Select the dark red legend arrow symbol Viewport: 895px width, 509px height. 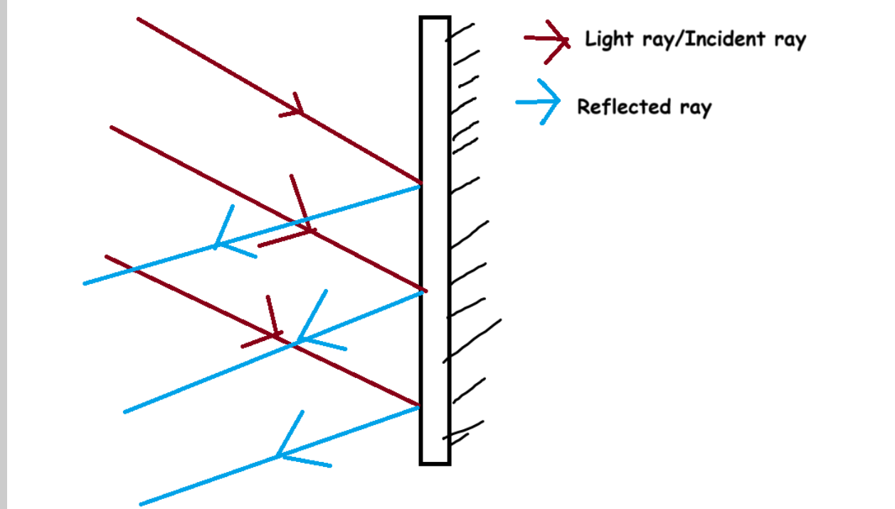point(548,40)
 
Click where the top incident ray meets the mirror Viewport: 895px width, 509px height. point(420,184)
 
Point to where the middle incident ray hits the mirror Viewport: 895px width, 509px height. point(423,290)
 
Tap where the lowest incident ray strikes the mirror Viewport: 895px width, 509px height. point(420,406)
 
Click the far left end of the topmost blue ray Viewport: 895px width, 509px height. point(85,284)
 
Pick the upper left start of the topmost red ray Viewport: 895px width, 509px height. point(138,19)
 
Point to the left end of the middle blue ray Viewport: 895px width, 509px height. point(126,411)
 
